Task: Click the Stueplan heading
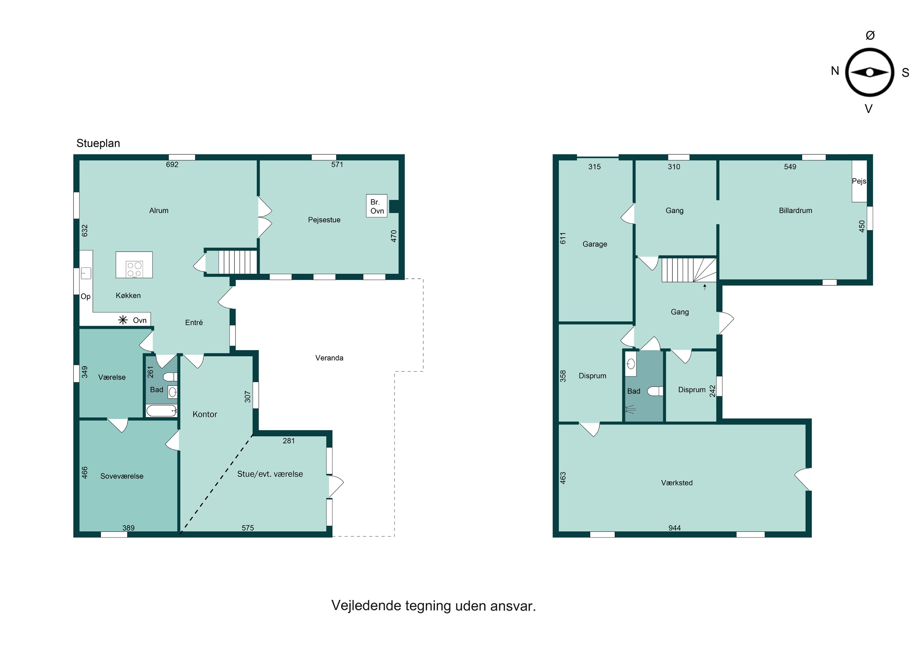click(98, 144)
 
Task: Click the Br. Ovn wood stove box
click(377, 206)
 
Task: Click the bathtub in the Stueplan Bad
click(161, 411)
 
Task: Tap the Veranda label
click(329, 358)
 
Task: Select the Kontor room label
click(205, 414)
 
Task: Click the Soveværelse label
click(122, 476)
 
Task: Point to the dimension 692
click(172, 164)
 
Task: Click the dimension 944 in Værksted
click(675, 528)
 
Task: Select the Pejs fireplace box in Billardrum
click(859, 181)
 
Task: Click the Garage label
click(595, 244)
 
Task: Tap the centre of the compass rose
click(869, 73)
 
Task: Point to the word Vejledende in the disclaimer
click(366, 606)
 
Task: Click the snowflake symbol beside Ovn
click(123, 320)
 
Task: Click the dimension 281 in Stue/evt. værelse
click(289, 441)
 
